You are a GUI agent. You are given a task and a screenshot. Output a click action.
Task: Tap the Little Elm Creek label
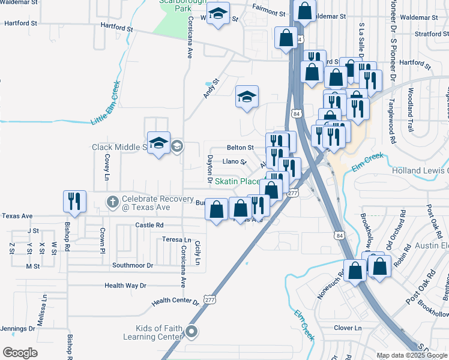106,103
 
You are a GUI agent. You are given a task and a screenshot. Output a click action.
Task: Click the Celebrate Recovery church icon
112,201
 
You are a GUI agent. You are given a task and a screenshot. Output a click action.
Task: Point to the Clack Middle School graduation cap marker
158,143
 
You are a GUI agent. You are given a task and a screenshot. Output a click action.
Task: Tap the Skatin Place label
238,181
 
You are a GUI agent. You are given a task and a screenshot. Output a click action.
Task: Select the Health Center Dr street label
175,301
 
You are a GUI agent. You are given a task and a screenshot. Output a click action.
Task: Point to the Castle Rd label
149,225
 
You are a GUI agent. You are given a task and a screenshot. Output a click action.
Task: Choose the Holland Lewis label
420,170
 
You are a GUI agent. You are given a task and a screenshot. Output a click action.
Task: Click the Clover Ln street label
348,328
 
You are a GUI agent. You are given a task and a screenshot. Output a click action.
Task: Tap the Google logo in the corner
20,352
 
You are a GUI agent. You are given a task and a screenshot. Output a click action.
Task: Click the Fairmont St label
268,11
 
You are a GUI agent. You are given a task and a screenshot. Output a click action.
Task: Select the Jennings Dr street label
17,329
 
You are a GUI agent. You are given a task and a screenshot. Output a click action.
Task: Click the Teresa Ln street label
176,239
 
